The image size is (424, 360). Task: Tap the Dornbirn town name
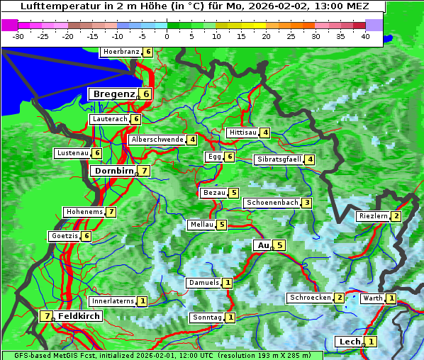pyautogui.click(x=113, y=171)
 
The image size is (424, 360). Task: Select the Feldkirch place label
pyautogui.click(x=79, y=316)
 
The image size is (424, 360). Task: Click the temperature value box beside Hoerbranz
pyautogui.click(x=147, y=52)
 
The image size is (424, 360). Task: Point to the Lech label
pyautogui.click(x=350, y=342)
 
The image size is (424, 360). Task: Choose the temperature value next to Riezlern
pyautogui.click(x=396, y=216)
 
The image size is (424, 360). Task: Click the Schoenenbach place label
pyautogui.click(x=272, y=203)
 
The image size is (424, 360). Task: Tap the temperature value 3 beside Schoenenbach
pyautogui.click(x=306, y=203)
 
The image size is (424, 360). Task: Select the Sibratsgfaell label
pyautogui.click(x=279, y=159)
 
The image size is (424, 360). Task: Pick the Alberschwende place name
pyautogui.click(x=157, y=140)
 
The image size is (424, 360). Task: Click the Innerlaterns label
pyautogui.click(x=113, y=301)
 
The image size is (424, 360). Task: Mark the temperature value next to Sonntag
pyautogui.click(x=230, y=317)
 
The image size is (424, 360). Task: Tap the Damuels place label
pyautogui.click(x=203, y=283)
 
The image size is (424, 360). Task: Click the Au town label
pyautogui.click(x=263, y=245)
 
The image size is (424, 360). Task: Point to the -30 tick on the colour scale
pyautogui.click(x=19, y=35)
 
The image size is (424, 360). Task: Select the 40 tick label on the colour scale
pyautogui.click(x=365, y=35)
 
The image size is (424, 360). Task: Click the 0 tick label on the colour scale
pyautogui.click(x=167, y=35)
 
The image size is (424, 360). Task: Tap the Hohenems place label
pyautogui.click(x=84, y=212)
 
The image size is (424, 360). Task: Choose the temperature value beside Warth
pyautogui.click(x=391, y=299)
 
